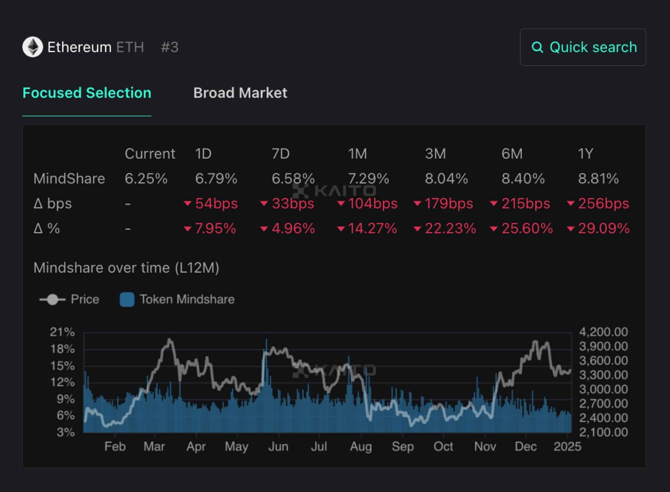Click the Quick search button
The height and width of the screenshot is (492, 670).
[x=583, y=47]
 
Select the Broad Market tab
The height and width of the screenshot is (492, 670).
[x=240, y=93]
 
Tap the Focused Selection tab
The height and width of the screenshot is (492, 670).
[x=87, y=93]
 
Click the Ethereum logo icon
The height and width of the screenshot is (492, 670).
[x=32, y=47]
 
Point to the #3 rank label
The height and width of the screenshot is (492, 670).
[x=169, y=47]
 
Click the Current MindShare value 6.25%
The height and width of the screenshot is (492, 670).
[x=146, y=179]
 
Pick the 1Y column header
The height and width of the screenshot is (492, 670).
[x=585, y=154]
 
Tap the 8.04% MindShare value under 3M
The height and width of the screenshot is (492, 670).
[x=446, y=179]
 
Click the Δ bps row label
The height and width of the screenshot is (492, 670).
[x=52, y=203]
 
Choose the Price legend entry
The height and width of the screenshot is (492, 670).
[x=69, y=299]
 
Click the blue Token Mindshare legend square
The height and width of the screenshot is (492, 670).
[x=127, y=299]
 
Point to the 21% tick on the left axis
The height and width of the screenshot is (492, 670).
[x=62, y=332]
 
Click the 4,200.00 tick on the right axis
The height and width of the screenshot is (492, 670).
[x=603, y=332]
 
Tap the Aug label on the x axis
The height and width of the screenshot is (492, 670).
[x=361, y=447]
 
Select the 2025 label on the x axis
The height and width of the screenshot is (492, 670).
[x=567, y=447]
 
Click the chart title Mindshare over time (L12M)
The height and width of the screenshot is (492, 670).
[x=126, y=268]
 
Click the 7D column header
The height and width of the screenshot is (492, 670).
[x=281, y=154]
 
